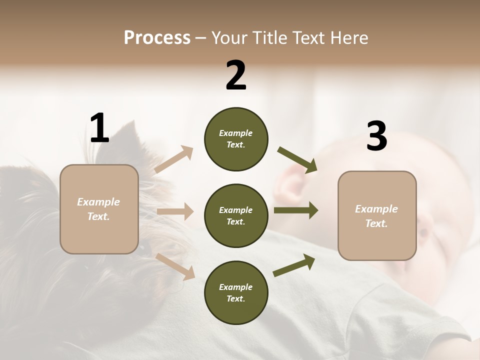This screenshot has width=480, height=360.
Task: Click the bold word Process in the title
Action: click(x=157, y=37)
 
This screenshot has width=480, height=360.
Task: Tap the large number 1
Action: click(x=99, y=128)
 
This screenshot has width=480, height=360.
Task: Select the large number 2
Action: click(x=236, y=75)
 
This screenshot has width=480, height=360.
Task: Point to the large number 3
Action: click(x=376, y=136)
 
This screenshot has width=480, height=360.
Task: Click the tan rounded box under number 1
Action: click(x=99, y=209)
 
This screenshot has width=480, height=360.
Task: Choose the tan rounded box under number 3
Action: click(x=377, y=215)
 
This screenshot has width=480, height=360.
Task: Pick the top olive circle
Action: click(x=236, y=139)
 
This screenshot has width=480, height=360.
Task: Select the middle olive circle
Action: click(x=236, y=215)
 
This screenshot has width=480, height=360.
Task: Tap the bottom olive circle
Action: click(x=236, y=292)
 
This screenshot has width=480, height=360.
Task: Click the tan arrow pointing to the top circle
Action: click(x=174, y=159)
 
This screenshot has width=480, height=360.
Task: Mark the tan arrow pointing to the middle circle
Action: click(x=175, y=211)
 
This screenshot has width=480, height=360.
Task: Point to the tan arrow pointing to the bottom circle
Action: click(x=175, y=266)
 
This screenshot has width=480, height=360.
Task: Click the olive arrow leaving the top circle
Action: click(x=297, y=159)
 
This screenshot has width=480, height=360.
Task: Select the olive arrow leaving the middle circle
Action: click(x=295, y=210)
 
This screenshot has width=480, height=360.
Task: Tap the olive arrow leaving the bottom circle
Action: click(x=294, y=265)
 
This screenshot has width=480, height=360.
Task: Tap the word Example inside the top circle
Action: click(x=236, y=133)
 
